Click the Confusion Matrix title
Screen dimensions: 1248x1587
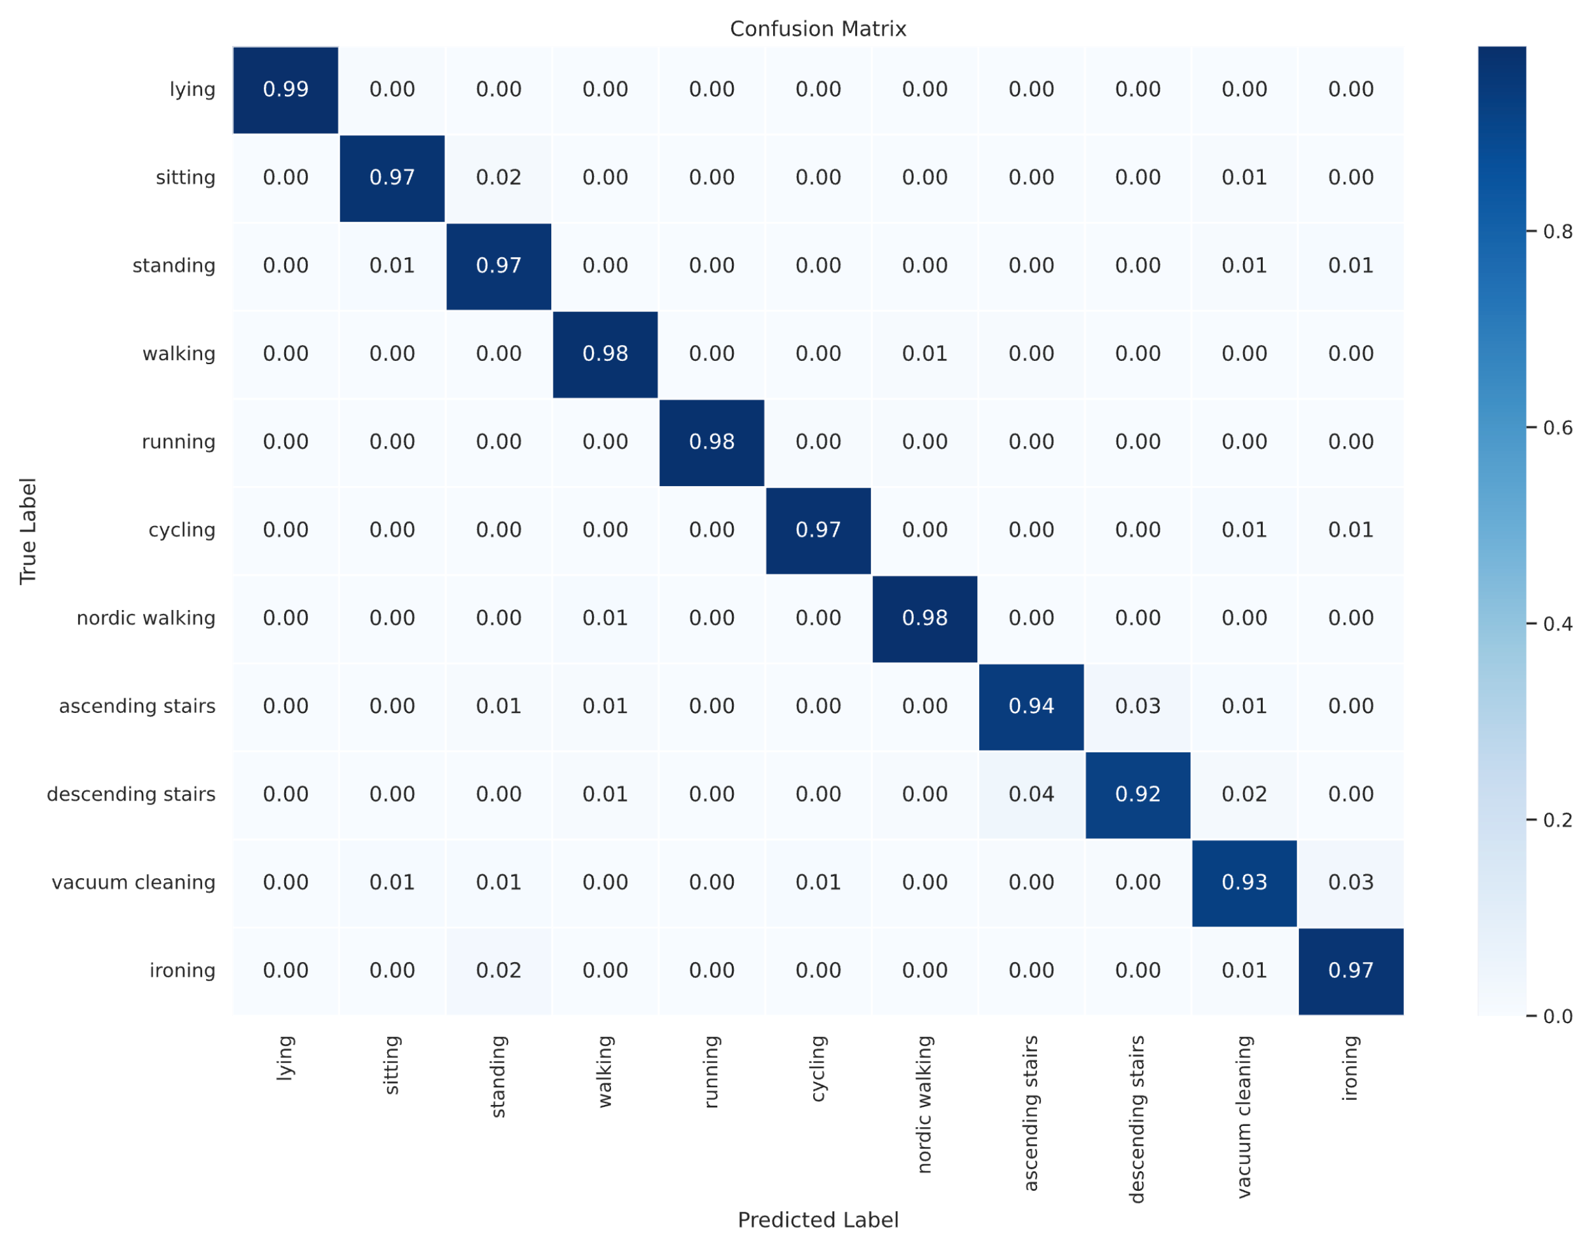tap(817, 29)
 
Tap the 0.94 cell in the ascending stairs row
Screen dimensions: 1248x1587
tap(1031, 707)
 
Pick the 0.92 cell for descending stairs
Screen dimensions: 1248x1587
tap(1137, 794)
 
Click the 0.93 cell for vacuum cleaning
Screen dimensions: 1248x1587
tap(1244, 883)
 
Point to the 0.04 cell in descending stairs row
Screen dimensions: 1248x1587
tap(1031, 794)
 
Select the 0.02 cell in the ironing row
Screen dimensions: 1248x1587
tap(498, 970)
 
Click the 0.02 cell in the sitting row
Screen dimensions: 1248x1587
tap(498, 177)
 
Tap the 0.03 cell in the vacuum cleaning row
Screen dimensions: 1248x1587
tap(1351, 883)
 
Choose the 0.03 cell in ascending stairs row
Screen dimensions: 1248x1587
tap(1137, 707)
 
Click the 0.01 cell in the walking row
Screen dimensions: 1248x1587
tap(924, 354)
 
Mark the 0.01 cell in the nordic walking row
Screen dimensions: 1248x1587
tap(605, 618)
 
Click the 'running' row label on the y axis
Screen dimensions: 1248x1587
tap(179, 442)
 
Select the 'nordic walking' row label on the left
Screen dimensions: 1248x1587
tap(146, 618)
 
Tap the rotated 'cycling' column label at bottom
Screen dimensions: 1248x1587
tap(818, 1068)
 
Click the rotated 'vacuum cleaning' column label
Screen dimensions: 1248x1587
tap(1244, 1116)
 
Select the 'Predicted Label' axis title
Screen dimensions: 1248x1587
tap(817, 1220)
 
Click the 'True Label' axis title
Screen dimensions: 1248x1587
tap(28, 531)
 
